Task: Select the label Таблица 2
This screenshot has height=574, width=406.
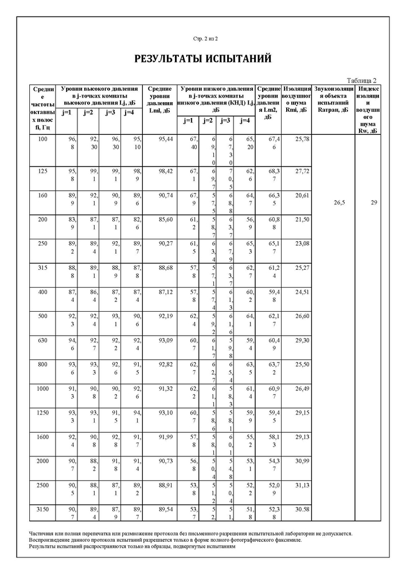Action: pos(362,80)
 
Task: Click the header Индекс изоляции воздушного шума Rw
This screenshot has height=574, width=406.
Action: pos(368,109)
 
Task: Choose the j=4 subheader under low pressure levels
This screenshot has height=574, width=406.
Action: pos(245,121)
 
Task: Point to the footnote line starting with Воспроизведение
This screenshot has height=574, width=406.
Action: pos(165,540)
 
